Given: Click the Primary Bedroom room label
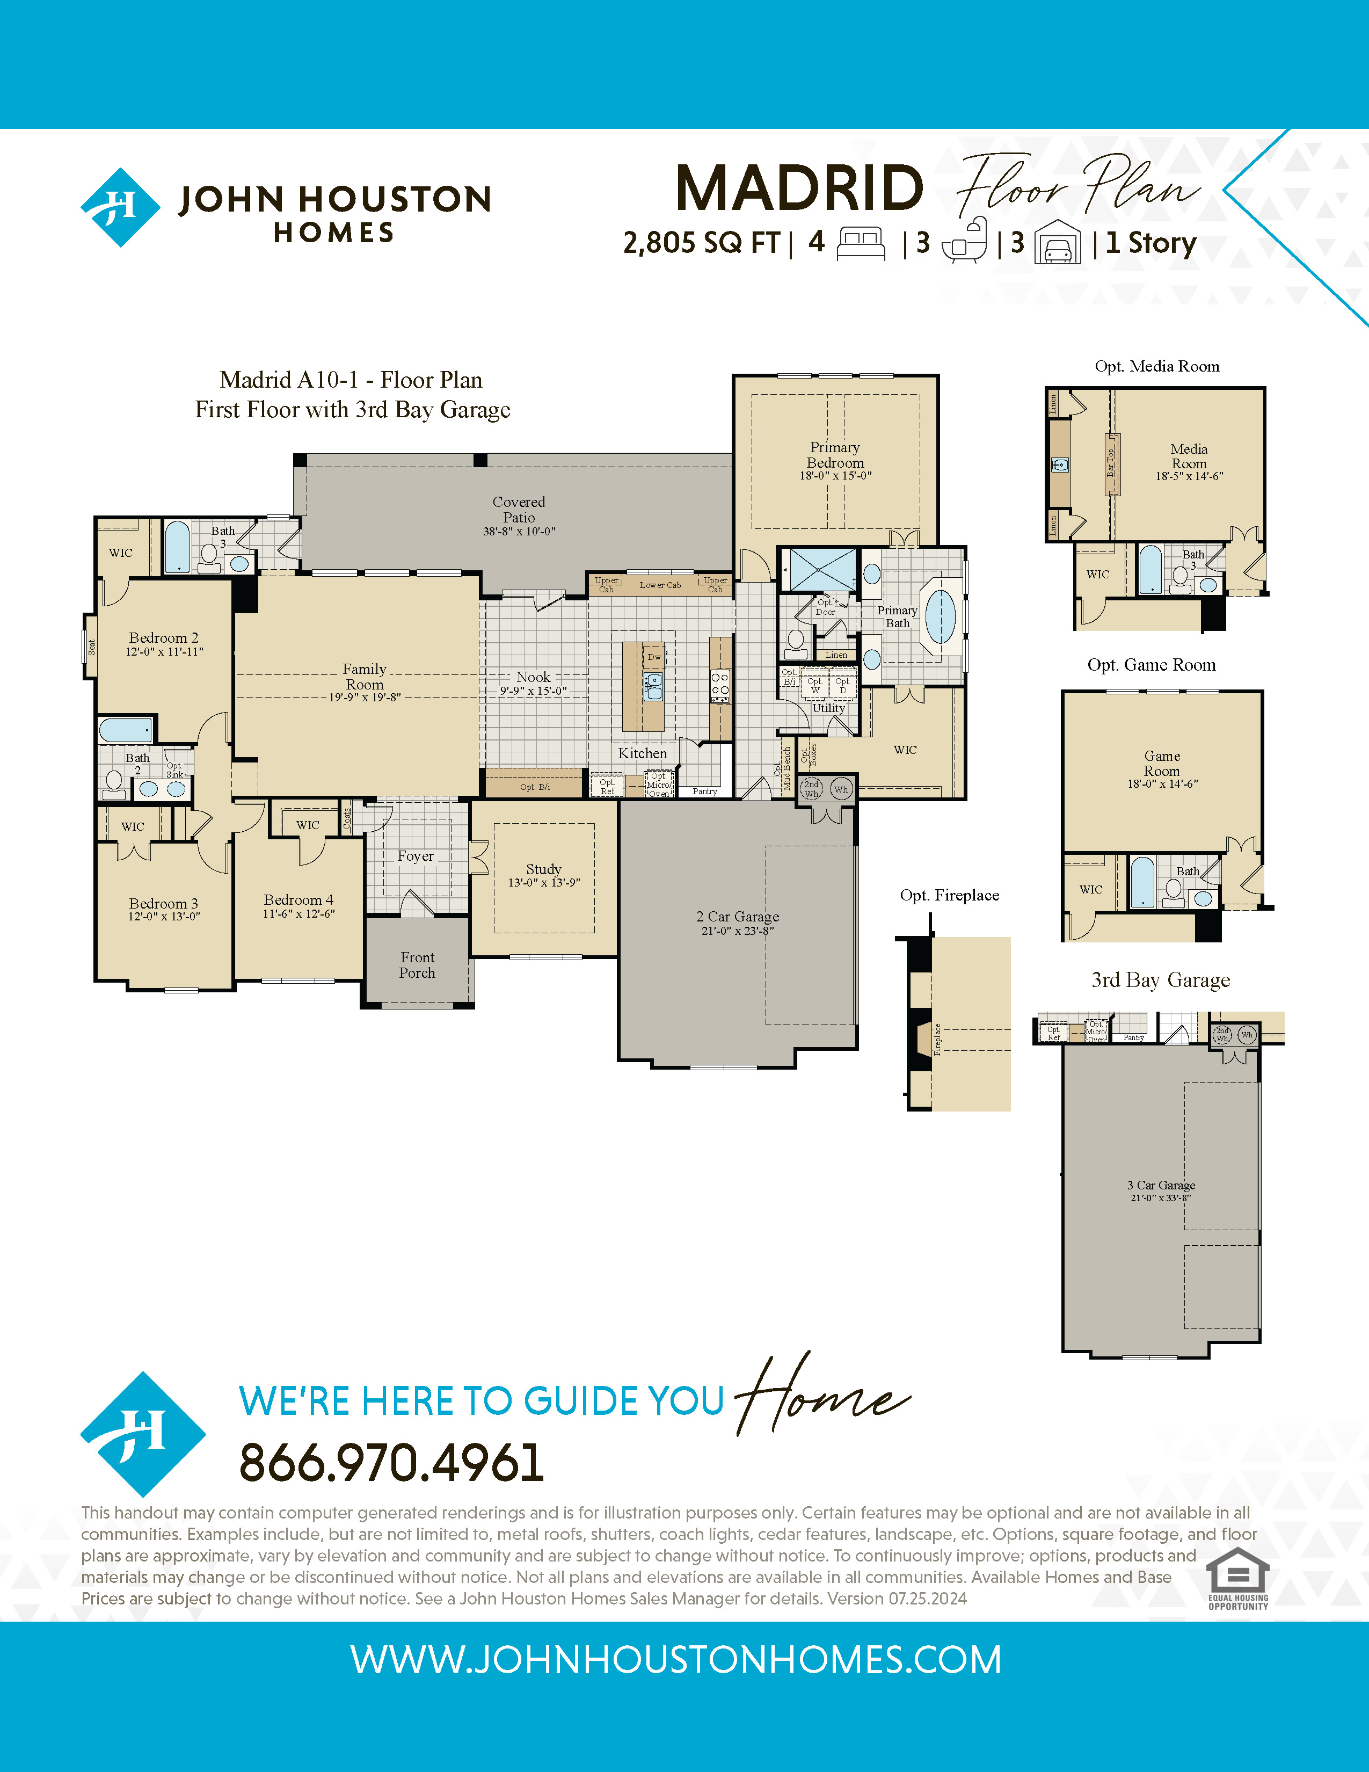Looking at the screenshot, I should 835,455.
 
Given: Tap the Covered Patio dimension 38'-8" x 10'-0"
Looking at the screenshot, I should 519,532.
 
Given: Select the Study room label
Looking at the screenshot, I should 543,869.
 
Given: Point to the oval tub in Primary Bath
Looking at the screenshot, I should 940,616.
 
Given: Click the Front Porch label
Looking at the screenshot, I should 417,965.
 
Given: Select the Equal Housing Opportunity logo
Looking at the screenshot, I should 1237,1578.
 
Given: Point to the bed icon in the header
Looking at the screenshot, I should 861,243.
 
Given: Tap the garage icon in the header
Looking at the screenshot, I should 1058,243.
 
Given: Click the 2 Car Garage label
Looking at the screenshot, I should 737,916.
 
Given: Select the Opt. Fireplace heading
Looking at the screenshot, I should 949,895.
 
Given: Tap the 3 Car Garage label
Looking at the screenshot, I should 1161,1186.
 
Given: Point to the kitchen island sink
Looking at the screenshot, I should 653,686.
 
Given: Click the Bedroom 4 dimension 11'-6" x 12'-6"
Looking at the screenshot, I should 298,913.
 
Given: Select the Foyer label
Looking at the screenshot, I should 415,856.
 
